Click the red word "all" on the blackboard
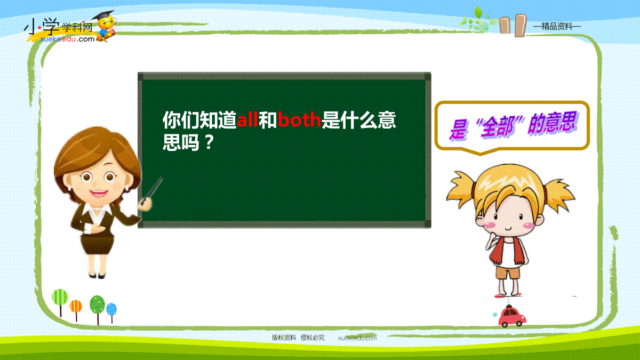pos(247,119)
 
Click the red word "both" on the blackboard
pos(299,119)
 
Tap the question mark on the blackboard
pos(210,142)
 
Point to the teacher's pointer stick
pos(151,190)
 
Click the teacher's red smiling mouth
pos(98,194)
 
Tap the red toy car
pos(511,316)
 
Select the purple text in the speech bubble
pos(513,126)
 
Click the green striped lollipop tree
pos(60,298)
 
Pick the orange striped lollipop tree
pos(76,307)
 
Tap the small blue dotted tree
pos(111,310)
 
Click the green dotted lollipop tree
pos(97,305)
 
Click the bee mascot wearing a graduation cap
pos(105,26)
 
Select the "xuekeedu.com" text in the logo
pos(67,39)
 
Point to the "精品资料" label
pos(557,27)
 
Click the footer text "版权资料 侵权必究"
pos(298,338)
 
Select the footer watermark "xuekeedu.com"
pos(357,338)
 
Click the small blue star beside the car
pos(494,315)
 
